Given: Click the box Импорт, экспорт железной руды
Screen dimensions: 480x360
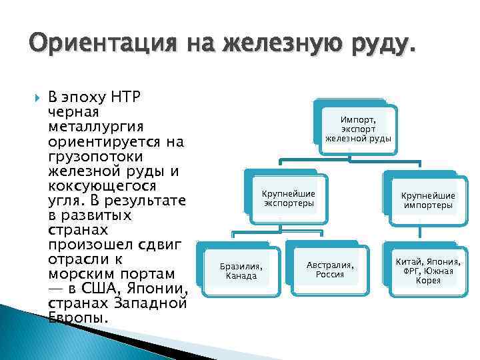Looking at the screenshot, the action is click(358, 125).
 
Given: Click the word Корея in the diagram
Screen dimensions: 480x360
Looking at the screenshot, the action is click(428, 280).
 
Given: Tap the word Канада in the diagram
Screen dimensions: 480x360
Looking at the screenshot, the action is click(241, 275).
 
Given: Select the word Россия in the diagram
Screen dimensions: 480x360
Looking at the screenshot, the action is click(330, 274).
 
